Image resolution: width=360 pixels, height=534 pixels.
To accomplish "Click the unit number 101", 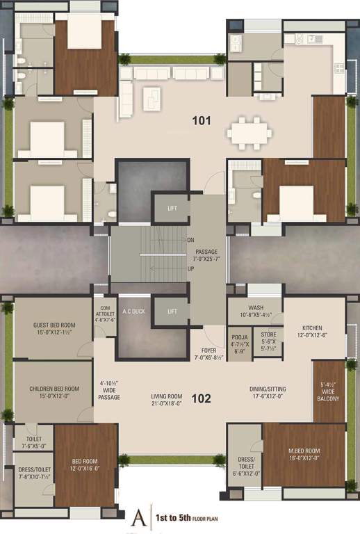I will point(202,120).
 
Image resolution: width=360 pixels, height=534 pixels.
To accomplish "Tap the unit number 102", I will point(202,399).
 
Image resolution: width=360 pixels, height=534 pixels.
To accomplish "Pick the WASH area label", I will point(255,311).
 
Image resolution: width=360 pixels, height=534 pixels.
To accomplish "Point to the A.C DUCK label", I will point(132,311).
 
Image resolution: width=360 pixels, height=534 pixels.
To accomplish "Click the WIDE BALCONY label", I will point(328,391).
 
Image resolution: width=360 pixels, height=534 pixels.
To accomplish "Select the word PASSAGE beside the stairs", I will point(206,251).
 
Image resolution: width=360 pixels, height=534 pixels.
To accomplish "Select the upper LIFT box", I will point(172,208).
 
